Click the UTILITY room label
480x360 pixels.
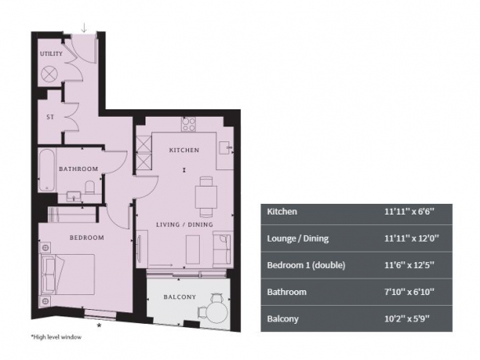[x=51, y=53]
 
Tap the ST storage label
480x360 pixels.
[x=50, y=117]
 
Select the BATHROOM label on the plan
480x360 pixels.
[x=78, y=168]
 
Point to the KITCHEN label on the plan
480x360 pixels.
[x=184, y=150]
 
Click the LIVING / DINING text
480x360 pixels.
[x=185, y=224]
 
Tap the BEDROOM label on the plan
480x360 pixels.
[x=86, y=238]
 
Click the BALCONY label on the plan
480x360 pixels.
[x=180, y=297]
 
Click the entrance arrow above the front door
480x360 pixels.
[x=84, y=28]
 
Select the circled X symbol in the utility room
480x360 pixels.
[x=49, y=74]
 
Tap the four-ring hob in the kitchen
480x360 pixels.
[x=188, y=124]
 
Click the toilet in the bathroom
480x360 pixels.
[x=90, y=187]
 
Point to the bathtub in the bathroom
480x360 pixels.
[x=47, y=170]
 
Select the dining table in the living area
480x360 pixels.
[x=206, y=196]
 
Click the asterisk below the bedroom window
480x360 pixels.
[x=99, y=325]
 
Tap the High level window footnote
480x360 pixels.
[x=56, y=337]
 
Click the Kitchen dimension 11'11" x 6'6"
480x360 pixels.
[x=409, y=211]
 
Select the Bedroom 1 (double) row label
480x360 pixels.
[x=306, y=265]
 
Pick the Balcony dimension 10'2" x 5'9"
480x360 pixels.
[x=407, y=319]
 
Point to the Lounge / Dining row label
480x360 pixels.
[x=298, y=238]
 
